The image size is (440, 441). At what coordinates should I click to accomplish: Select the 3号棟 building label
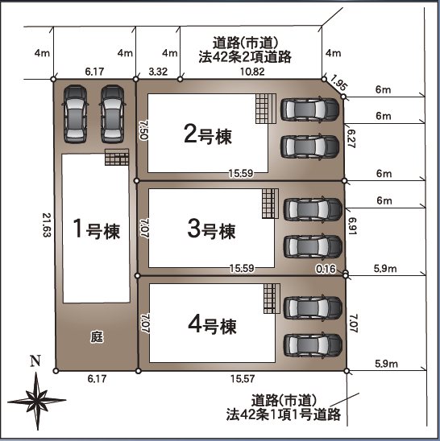(x=211, y=230)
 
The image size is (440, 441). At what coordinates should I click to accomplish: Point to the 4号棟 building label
(x=211, y=326)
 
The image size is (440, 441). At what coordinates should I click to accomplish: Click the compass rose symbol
(x=35, y=398)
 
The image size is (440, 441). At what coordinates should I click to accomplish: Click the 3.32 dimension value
(x=158, y=72)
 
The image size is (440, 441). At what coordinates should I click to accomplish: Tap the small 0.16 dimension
(x=326, y=269)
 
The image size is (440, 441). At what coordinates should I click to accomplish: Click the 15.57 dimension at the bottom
(x=243, y=378)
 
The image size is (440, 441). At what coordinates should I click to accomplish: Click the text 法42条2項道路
(x=245, y=57)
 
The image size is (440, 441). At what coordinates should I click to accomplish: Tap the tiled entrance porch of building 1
(x=116, y=159)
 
